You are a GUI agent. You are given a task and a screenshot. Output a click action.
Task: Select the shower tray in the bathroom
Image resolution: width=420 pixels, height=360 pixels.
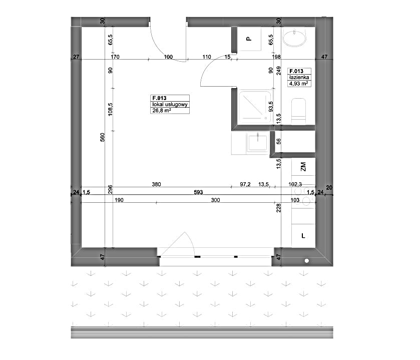255,107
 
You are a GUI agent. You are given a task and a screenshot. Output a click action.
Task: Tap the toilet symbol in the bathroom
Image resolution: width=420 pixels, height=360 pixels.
298,111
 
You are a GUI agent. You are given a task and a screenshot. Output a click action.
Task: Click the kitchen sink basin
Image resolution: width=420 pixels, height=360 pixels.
257,143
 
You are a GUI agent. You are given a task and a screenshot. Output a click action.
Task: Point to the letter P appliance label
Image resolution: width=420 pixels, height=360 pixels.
249,39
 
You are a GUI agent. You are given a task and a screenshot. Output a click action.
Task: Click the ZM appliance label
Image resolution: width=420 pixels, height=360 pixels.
303,167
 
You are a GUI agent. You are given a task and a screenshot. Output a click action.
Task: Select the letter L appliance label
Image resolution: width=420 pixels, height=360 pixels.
303,236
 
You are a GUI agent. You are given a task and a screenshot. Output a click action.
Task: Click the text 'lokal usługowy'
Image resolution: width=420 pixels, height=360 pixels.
170,105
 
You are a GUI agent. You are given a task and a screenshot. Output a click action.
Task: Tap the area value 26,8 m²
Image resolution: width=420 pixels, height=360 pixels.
162,110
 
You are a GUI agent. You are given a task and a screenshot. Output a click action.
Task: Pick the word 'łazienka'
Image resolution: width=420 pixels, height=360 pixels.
299,77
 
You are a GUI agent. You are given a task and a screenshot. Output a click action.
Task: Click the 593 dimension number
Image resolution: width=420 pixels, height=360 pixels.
198,192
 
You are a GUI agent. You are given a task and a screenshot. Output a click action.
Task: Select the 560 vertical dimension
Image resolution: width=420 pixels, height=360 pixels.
102,137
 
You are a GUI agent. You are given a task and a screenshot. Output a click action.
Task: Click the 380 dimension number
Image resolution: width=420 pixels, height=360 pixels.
156,184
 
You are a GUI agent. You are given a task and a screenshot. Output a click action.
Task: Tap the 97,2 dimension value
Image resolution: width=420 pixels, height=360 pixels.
245,184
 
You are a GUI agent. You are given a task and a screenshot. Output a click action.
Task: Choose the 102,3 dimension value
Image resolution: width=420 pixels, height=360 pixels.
295,184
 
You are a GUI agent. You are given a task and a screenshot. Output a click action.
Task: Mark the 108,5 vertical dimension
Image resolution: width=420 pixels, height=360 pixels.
110,110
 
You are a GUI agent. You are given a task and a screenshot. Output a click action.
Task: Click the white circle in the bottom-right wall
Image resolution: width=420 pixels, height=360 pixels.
307,261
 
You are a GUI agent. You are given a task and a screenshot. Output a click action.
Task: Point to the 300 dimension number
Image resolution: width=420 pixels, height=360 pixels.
215,200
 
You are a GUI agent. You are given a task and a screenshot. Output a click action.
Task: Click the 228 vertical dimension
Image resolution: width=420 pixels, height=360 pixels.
278,208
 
